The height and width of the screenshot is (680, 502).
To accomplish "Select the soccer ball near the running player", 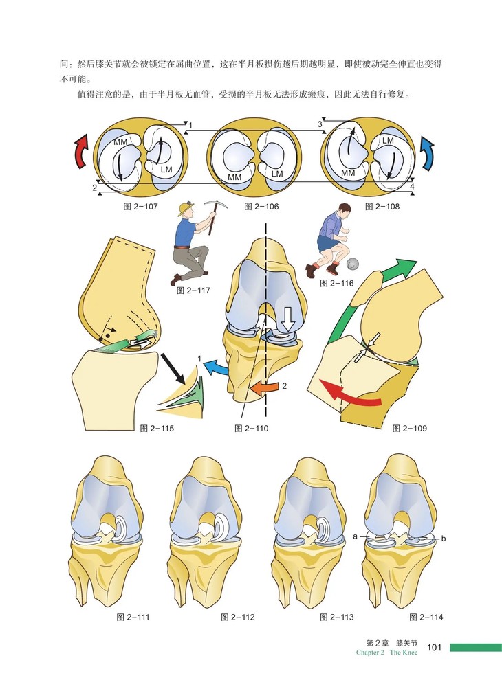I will [353, 264].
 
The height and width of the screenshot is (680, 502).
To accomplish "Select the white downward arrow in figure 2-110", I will [285, 317].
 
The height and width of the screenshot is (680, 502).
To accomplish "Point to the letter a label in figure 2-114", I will [354, 536].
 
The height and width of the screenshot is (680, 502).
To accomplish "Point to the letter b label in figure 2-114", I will [444, 539].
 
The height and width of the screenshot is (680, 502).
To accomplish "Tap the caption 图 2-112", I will [238, 617].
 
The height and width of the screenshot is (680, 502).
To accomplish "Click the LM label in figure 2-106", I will [277, 174].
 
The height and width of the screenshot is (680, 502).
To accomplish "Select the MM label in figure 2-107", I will [121, 142].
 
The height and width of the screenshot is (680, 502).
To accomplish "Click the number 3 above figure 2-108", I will [319, 124].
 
